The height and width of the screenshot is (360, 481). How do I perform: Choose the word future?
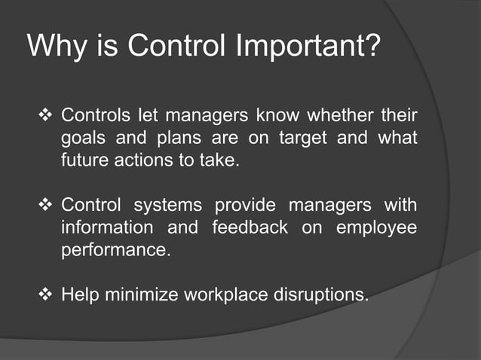click(84, 161)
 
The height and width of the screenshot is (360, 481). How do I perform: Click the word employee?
click(375, 228)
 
